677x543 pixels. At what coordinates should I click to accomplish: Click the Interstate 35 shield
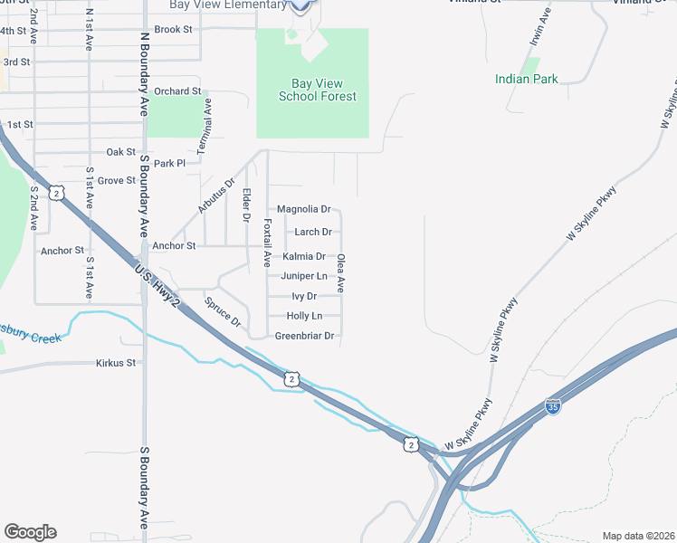pyautogui.click(x=553, y=406)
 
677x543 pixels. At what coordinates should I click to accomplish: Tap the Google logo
pyautogui.click(x=30, y=532)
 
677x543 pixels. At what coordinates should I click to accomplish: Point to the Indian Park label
pyautogui.click(x=527, y=80)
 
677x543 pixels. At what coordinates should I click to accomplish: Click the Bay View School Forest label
pyautogui.click(x=318, y=90)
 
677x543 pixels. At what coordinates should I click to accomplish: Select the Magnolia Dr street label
pyautogui.click(x=303, y=209)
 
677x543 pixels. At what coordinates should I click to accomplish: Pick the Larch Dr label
pyautogui.click(x=313, y=233)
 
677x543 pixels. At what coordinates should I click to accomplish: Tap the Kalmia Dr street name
pyautogui.click(x=304, y=256)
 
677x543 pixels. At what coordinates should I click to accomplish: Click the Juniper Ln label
pyautogui.click(x=304, y=276)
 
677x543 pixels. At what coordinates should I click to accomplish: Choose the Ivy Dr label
pyautogui.click(x=304, y=296)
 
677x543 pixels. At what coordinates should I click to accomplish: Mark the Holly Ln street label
pyautogui.click(x=304, y=316)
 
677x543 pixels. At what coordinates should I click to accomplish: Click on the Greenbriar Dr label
pyautogui.click(x=305, y=336)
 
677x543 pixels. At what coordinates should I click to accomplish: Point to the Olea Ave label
pyautogui.click(x=341, y=272)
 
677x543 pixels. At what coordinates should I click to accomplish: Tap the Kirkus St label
pyautogui.click(x=116, y=363)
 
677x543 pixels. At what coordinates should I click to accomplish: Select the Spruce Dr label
pyautogui.click(x=223, y=312)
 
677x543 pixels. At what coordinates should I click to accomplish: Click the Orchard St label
pyautogui.click(x=176, y=91)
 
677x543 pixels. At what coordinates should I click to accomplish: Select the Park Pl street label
pyautogui.click(x=169, y=164)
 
